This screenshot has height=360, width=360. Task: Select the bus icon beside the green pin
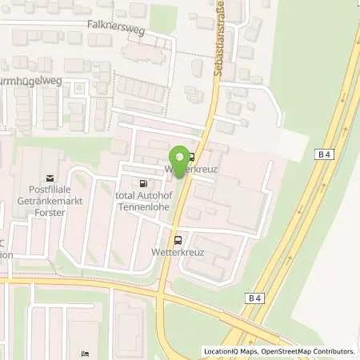coord(190,157)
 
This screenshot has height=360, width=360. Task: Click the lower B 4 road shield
coord(255,298)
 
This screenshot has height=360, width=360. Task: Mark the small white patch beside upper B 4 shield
coord(294,145)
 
